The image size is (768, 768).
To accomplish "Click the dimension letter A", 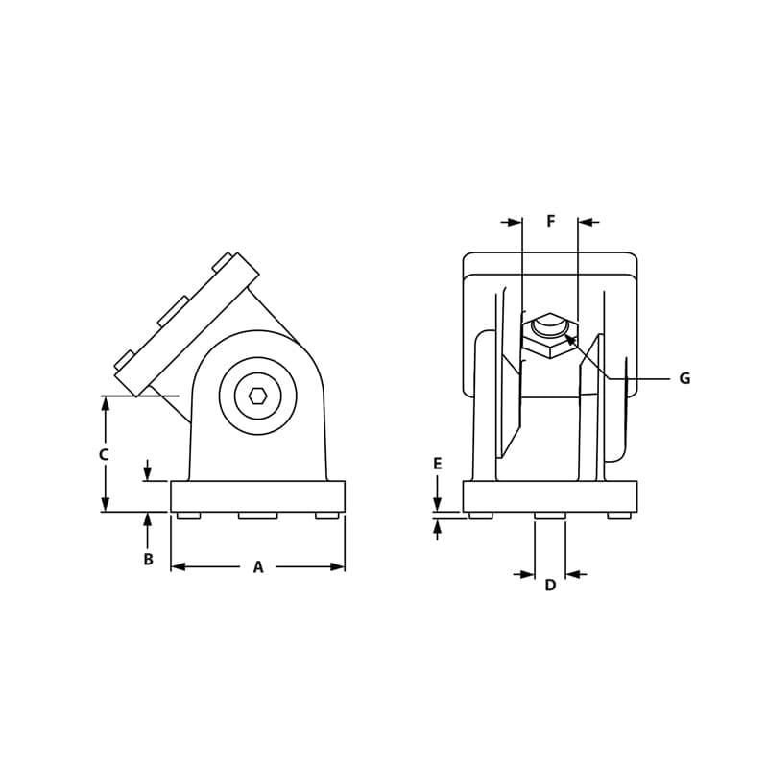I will pos(257,567).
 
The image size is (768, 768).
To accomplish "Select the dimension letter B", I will pos(148,560).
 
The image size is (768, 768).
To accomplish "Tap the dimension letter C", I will pos(104,455).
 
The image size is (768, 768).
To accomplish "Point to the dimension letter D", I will pos(550,586).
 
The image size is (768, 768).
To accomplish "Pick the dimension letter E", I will pos(437,465).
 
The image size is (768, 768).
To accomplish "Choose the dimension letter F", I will pos(550,222).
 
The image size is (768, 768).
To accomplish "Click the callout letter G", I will pos(684,379).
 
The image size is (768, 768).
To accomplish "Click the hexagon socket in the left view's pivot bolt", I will pos(257,396).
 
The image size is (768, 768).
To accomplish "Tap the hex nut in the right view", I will pos(550,336).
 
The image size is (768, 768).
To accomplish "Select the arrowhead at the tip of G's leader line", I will pos(569,339).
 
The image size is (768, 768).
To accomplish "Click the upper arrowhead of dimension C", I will pos(105,404).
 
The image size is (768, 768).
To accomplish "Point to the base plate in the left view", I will pos(257,496).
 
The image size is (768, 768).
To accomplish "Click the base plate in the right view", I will pos(549,496).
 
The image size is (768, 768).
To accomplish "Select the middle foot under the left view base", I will pos(257,516).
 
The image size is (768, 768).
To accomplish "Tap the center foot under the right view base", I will pos(549,516).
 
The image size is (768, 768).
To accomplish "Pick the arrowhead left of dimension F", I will pos(515,223).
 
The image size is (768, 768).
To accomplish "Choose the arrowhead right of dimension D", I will pos(573,574).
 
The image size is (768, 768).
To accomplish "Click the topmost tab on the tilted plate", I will pos(222,261).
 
